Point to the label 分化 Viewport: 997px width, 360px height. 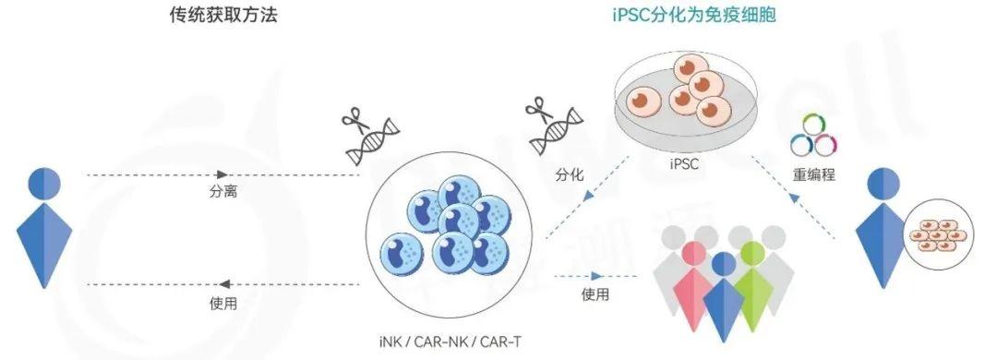(570, 173)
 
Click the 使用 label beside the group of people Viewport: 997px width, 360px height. (595, 294)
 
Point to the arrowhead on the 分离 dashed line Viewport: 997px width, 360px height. (222, 174)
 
